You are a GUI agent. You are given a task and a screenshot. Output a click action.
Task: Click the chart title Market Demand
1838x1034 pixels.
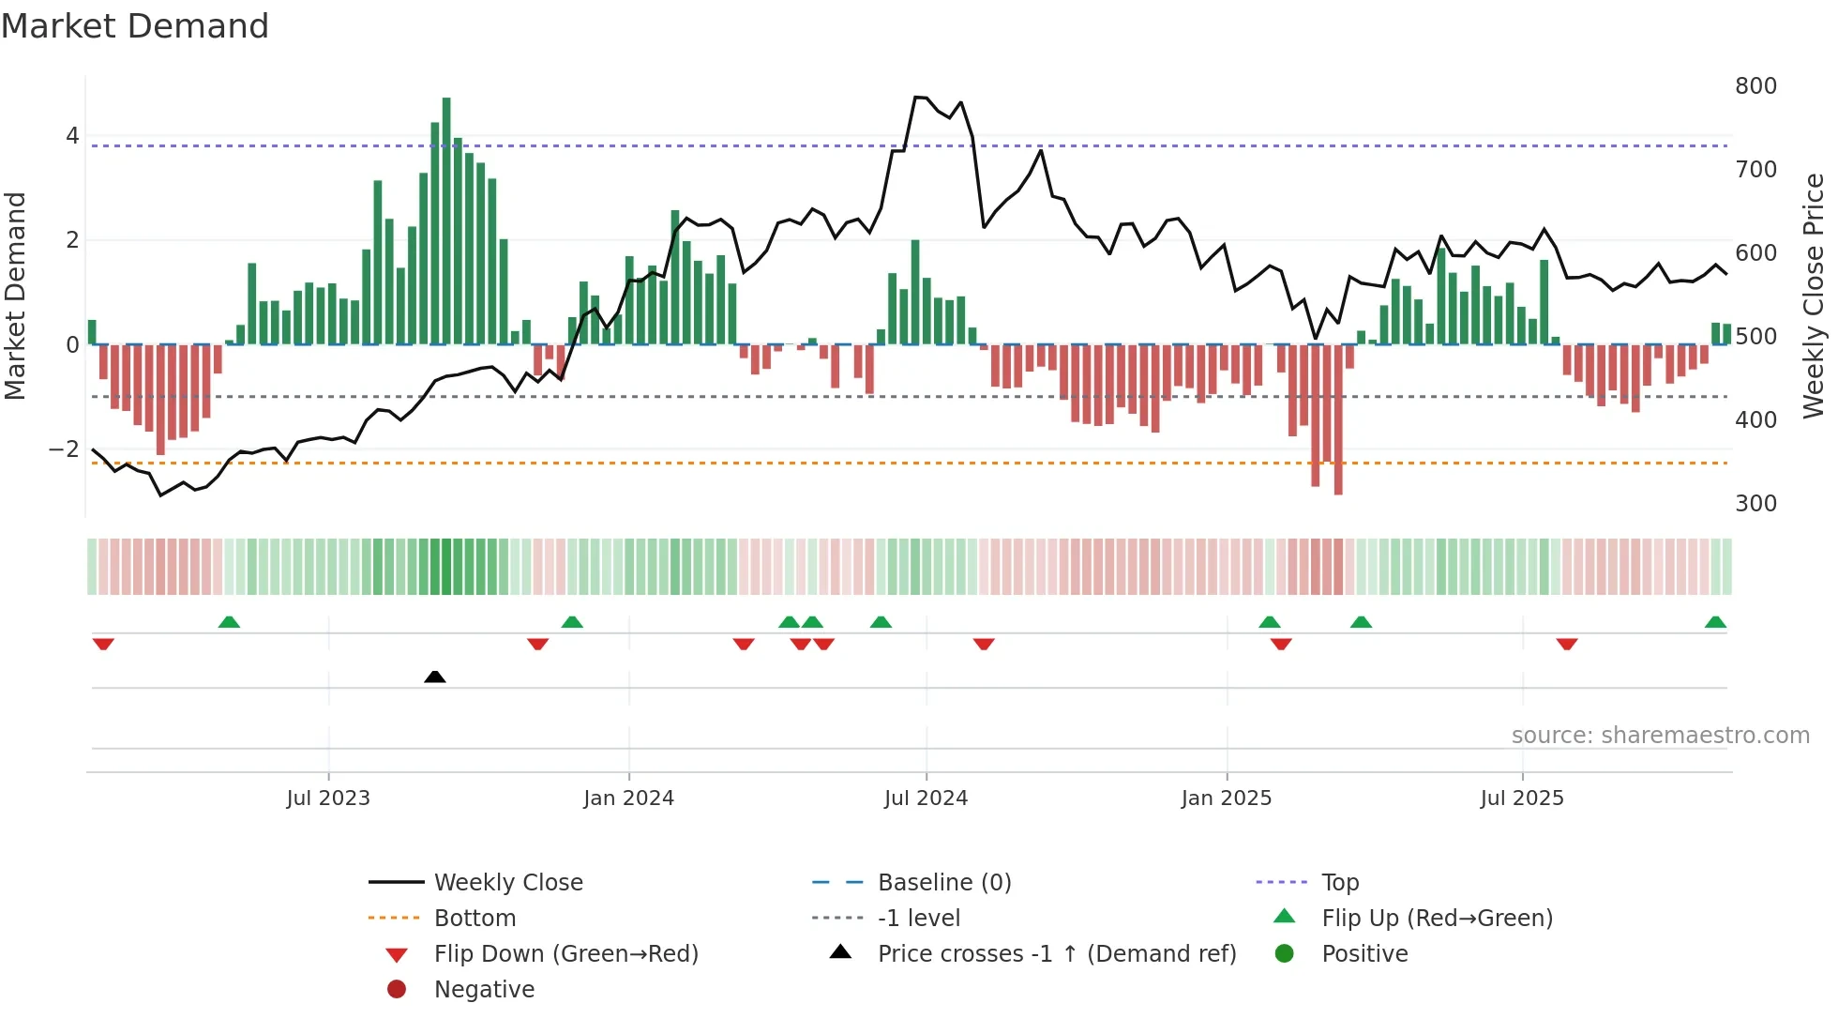pyautogui.click(x=135, y=26)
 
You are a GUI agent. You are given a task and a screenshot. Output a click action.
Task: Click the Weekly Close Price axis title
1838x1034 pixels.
pyautogui.click(x=1815, y=296)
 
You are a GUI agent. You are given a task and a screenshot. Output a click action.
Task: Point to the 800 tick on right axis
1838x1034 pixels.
pyautogui.click(x=1755, y=86)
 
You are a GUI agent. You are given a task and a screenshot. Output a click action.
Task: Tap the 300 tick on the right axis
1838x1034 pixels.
pyautogui.click(x=1755, y=504)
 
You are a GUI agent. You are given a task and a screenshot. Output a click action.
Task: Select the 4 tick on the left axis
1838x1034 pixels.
pyautogui.click(x=72, y=136)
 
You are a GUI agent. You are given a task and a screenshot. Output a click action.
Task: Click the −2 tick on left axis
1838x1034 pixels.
pyautogui.click(x=65, y=449)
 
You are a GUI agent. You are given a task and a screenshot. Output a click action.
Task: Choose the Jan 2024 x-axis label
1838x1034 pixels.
pyautogui.click(x=628, y=798)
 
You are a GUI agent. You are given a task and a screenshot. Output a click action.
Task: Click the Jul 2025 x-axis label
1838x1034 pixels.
pyautogui.click(x=1522, y=798)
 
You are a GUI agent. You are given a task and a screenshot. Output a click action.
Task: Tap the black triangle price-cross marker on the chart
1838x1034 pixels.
pyautogui.click(x=435, y=677)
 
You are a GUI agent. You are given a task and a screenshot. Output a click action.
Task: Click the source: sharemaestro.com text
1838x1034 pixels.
pyautogui.click(x=1660, y=736)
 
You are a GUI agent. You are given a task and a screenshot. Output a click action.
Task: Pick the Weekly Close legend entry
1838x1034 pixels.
pyautogui.click(x=507, y=883)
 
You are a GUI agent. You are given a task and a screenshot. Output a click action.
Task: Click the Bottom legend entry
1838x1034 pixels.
pyautogui.click(x=475, y=919)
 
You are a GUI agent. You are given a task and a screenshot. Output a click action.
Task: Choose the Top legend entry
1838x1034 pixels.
pyautogui.click(x=1340, y=883)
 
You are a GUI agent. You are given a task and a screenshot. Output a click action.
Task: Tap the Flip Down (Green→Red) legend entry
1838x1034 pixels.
pyautogui.click(x=565, y=954)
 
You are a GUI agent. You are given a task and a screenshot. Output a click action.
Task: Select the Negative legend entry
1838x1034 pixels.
pyautogui.click(x=484, y=990)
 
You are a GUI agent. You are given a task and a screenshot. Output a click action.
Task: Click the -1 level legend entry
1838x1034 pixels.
pyautogui.click(x=918, y=919)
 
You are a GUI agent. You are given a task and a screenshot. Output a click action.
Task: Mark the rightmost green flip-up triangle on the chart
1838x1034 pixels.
pyautogui.click(x=1715, y=622)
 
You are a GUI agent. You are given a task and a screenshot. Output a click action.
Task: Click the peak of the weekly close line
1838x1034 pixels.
pyautogui.click(x=919, y=97)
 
